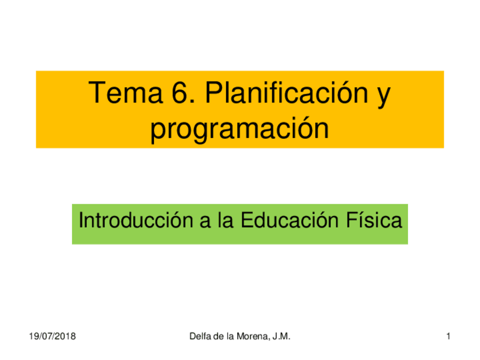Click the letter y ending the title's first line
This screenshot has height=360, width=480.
383,95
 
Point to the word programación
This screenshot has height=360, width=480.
239,129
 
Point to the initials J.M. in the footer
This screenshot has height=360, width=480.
281,338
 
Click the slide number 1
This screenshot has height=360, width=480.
448,338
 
